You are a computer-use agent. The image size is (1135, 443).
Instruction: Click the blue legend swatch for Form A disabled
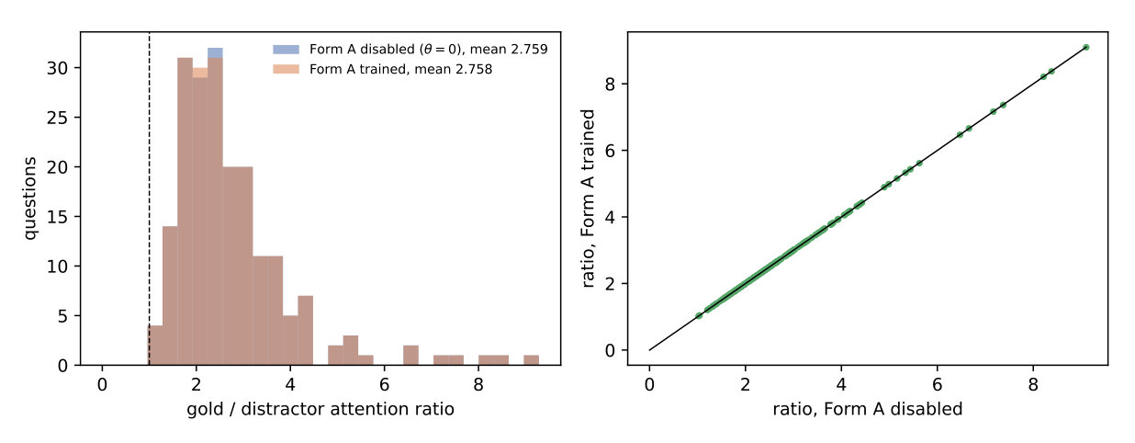click(287, 49)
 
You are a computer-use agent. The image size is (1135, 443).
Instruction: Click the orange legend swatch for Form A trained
click(287, 69)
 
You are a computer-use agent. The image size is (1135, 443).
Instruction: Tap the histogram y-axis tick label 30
click(57, 68)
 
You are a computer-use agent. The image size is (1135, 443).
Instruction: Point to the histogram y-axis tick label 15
click(57, 217)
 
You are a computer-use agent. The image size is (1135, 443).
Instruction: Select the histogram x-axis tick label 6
click(384, 385)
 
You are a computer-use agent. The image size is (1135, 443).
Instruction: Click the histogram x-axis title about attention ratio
click(320, 409)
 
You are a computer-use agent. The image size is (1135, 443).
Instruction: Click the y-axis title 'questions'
click(30, 199)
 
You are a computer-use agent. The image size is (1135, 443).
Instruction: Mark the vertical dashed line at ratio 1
click(149, 199)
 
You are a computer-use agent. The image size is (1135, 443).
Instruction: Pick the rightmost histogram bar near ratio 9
click(531, 360)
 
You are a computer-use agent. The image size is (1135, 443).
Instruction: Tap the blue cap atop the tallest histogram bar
click(215, 52)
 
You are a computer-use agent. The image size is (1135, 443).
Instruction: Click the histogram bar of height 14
click(170, 296)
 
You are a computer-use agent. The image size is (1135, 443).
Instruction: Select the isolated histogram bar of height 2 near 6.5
click(410, 356)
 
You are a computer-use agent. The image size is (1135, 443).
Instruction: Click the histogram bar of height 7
click(306, 331)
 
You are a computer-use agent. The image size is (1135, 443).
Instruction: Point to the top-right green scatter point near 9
click(1085, 47)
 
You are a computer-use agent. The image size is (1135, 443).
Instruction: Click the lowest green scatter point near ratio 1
click(699, 316)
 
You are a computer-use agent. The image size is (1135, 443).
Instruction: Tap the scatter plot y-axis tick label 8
click(610, 85)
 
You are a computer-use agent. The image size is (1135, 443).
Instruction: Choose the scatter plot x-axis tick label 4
click(841, 385)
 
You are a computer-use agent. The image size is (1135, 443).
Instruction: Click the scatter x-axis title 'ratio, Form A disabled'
click(868, 409)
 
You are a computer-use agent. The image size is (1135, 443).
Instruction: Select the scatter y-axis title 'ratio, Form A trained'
click(588, 199)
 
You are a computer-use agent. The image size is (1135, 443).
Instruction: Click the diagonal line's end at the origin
click(649, 350)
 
